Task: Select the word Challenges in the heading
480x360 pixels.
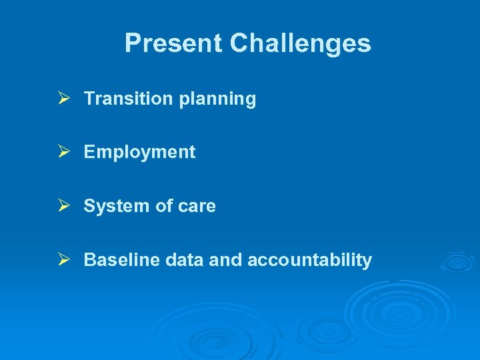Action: (300, 44)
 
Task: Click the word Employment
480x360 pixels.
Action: (139, 153)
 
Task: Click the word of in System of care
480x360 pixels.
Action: (163, 206)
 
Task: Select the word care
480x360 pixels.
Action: (197, 207)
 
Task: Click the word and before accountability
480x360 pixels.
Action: (226, 260)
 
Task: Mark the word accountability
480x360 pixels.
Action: (309, 261)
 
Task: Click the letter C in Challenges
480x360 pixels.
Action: (240, 44)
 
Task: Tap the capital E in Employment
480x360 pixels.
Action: (89, 152)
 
